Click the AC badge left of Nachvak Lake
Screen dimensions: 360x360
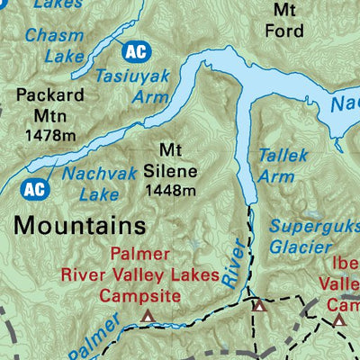[x=32, y=189]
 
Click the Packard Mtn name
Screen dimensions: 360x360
[x=50, y=104]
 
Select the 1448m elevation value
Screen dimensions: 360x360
[x=169, y=190]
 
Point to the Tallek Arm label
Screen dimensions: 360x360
[x=277, y=166]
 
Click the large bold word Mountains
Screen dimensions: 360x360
[x=80, y=222]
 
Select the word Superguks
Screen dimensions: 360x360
[x=313, y=224]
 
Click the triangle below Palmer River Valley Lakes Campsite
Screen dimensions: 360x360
[x=148, y=316]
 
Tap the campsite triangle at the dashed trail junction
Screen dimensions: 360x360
[x=259, y=306]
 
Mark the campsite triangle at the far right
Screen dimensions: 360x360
[x=339, y=319]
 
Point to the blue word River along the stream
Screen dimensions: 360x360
[x=232, y=264]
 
